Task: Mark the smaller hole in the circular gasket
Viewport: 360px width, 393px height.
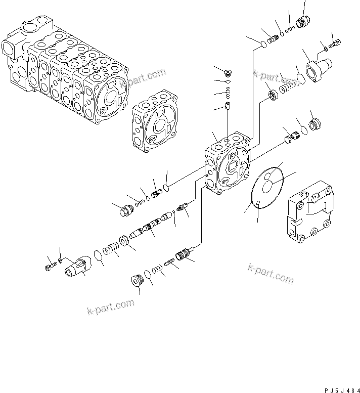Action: [258, 203]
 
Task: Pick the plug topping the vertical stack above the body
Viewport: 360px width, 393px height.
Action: [228, 71]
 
